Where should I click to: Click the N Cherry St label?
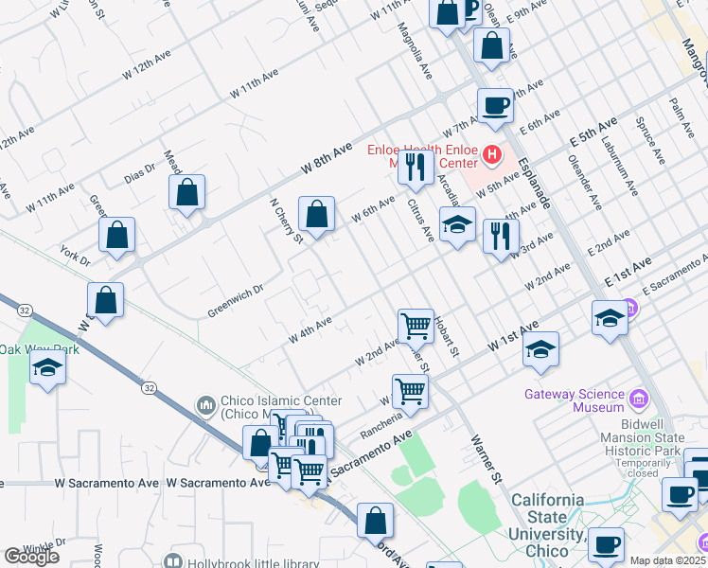point(285,221)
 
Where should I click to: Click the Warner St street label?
point(485,461)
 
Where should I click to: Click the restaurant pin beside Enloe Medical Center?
point(415,167)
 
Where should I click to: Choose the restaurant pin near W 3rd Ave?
point(501,236)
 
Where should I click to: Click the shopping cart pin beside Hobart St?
point(416,326)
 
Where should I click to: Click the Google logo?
point(31,557)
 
